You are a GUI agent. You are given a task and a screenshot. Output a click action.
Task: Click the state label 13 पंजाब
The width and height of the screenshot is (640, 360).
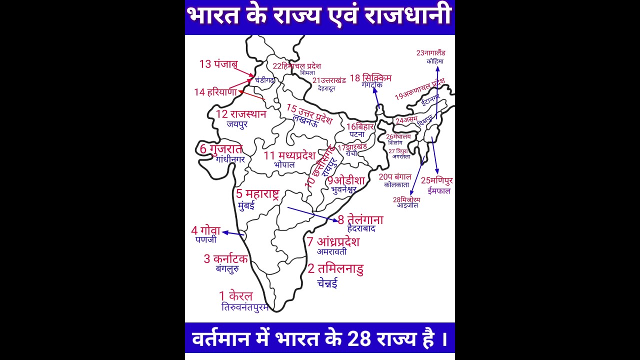click(218, 64)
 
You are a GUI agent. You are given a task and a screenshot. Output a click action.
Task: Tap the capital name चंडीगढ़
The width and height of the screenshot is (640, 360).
click(264, 79)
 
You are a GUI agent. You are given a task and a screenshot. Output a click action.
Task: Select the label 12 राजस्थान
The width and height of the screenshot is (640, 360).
click(241, 114)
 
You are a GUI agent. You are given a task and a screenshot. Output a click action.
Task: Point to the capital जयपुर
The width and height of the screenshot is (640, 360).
click(237, 124)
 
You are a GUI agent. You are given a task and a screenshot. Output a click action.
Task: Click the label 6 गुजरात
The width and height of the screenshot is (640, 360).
click(221, 149)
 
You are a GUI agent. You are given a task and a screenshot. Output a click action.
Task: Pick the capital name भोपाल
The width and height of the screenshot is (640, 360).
click(284, 164)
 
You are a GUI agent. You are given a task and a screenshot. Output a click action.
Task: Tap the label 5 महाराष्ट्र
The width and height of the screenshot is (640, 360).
click(257, 193)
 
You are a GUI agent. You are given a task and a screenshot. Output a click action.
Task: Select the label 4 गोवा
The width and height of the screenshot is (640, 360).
click(205, 230)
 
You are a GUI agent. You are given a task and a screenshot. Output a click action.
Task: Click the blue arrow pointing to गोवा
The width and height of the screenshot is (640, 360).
click(233, 233)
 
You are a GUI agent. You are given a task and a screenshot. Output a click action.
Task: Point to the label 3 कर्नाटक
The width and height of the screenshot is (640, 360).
click(225, 259)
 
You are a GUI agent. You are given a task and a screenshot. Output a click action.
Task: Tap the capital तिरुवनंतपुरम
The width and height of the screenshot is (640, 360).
click(245, 307)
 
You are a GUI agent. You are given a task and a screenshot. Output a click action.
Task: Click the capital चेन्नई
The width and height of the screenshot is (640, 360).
click(327, 283)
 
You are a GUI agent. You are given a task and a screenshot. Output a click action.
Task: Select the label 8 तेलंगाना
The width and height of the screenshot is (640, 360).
click(360, 220)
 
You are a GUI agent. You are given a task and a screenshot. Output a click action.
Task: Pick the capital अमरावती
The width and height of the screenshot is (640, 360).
click(331, 251)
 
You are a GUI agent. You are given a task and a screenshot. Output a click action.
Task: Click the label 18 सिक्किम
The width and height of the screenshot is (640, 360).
click(370, 78)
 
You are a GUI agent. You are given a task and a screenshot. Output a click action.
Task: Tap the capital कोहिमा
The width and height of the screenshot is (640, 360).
click(435, 61)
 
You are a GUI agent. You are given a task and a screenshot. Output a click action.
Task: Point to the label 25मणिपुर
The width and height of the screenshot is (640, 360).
click(437, 180)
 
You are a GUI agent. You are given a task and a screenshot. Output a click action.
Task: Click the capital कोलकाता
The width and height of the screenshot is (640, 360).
click(396, 185)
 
